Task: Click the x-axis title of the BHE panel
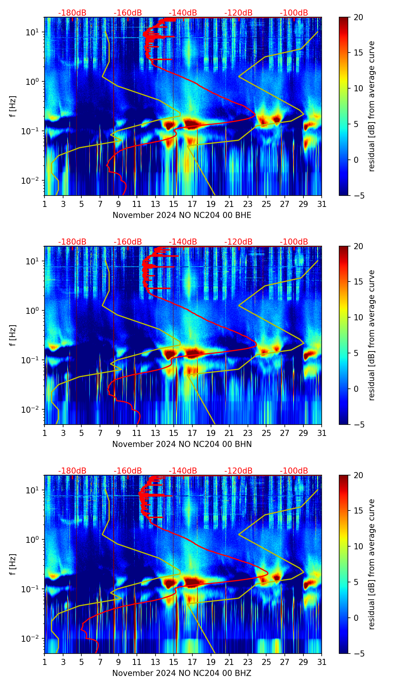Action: pyautogui.click(x=182, y=215)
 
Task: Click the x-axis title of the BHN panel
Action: pyautogui.click(x=182, y=444)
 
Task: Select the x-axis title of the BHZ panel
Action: pyautogui.click(x=182, y=673)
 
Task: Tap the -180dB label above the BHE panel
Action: pyautogui.click(x=72, y=13)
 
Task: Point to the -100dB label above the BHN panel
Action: pyautogui.click(x=294, y=242)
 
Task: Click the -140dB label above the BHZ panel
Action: pyautogui.click(x=183, y=471)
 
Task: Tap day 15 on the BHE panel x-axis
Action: pyautogui.click(x=173, y=204)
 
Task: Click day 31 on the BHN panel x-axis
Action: pyautogui.click(x=322, y=433)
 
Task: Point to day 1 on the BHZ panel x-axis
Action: pyautogui.click(x=45, y=662)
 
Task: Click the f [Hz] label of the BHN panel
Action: pyautogui.click(x=13, y=335)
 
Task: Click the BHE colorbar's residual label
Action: pyautogui.click(x=371, y=106)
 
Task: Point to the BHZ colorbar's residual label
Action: pyautogui.click(x=371, y=564)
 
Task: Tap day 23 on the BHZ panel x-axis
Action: pyautogui.click(x=248, y=662)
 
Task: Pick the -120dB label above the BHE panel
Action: pyautogui.click(x=238, y=13)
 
